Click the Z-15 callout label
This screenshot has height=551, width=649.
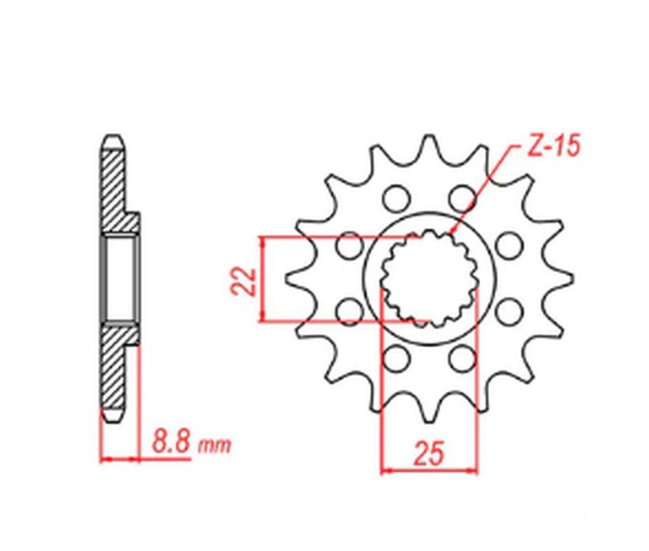[x=552, y=147]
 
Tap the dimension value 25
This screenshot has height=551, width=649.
[x=428, y=454]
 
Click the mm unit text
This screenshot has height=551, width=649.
[x=214, y=446]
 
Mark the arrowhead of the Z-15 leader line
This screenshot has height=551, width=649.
[x=452, y=233]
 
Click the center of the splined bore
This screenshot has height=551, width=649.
[x=428, y=278]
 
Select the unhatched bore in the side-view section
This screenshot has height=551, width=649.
[x=121, y=278]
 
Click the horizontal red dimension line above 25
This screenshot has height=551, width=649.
[x=428, y=472]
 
